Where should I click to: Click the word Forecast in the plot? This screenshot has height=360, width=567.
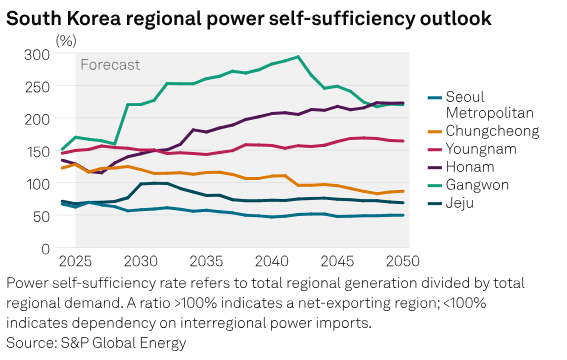pos(111,65)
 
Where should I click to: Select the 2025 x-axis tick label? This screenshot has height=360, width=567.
pos(75,262)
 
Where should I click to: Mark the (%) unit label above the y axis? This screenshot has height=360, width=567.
pos(66,40)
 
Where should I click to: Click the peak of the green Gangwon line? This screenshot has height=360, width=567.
pos(298,57)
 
